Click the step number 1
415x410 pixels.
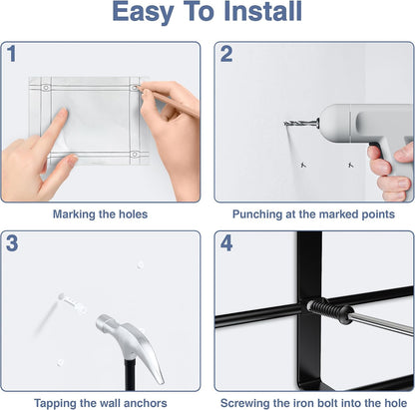click(12, 54)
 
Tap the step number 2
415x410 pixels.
click(226, 54)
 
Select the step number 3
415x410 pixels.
click(12, 243)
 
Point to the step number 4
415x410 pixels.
click(226, 243)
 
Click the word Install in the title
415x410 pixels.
click(263, 11)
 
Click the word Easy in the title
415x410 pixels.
click(143, 13)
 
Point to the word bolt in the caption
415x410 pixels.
click(326, 403)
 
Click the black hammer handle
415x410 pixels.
click(131, 374)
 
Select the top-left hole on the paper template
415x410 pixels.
click(46, 88)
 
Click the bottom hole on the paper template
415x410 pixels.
click(135, 154)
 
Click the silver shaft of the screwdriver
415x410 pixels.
click(382, 325)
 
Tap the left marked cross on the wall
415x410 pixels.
click(303, 165)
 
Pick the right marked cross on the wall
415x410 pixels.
click(350, 165)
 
